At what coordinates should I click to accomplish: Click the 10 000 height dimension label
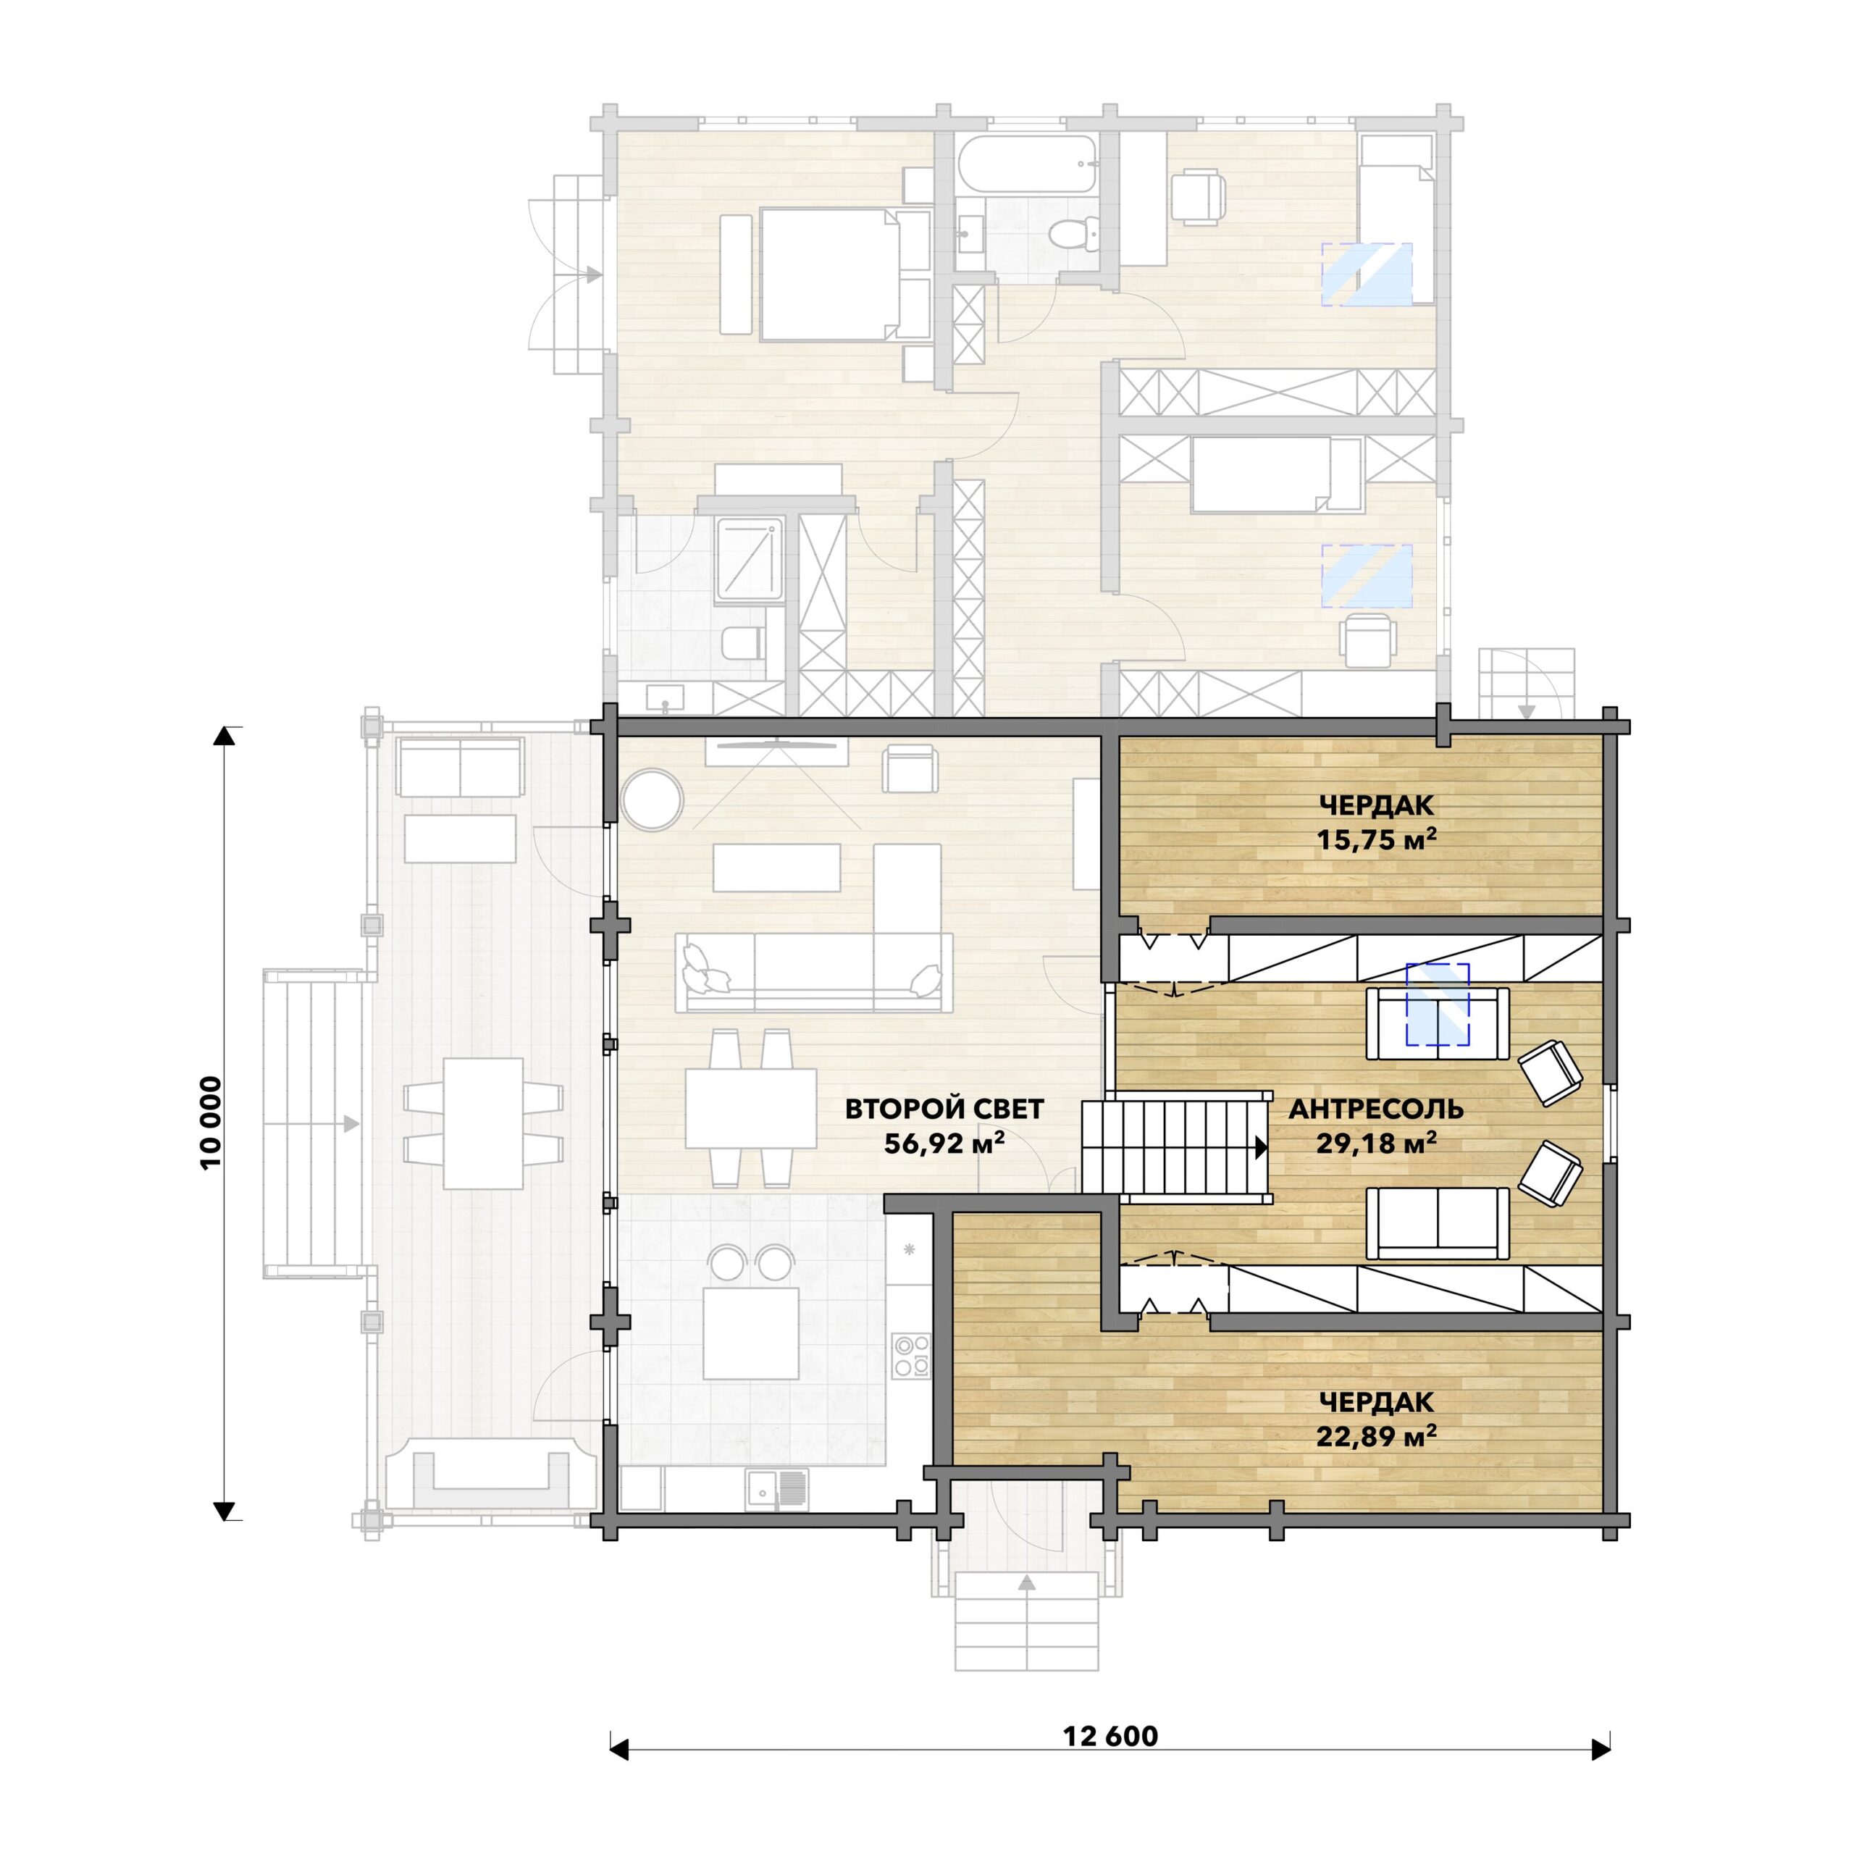point(211,1122)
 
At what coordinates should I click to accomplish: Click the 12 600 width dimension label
point(1110,1736)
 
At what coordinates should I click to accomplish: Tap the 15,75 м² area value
point(1376,841)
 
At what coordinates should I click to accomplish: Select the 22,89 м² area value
point(1376,1435)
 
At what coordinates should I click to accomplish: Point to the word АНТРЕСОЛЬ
point(1376,1110)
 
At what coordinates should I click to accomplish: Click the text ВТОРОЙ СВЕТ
point(944,1110)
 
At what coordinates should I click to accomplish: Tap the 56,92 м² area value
point(944,1143)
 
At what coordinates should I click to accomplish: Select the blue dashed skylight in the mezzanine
point(1438,1004)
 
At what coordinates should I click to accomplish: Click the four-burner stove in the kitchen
point(910,1355)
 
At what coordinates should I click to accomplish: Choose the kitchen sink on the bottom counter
point(776,1489)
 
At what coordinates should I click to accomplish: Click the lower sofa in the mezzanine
point(1438,1222)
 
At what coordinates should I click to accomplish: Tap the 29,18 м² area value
point(1376,1143)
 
